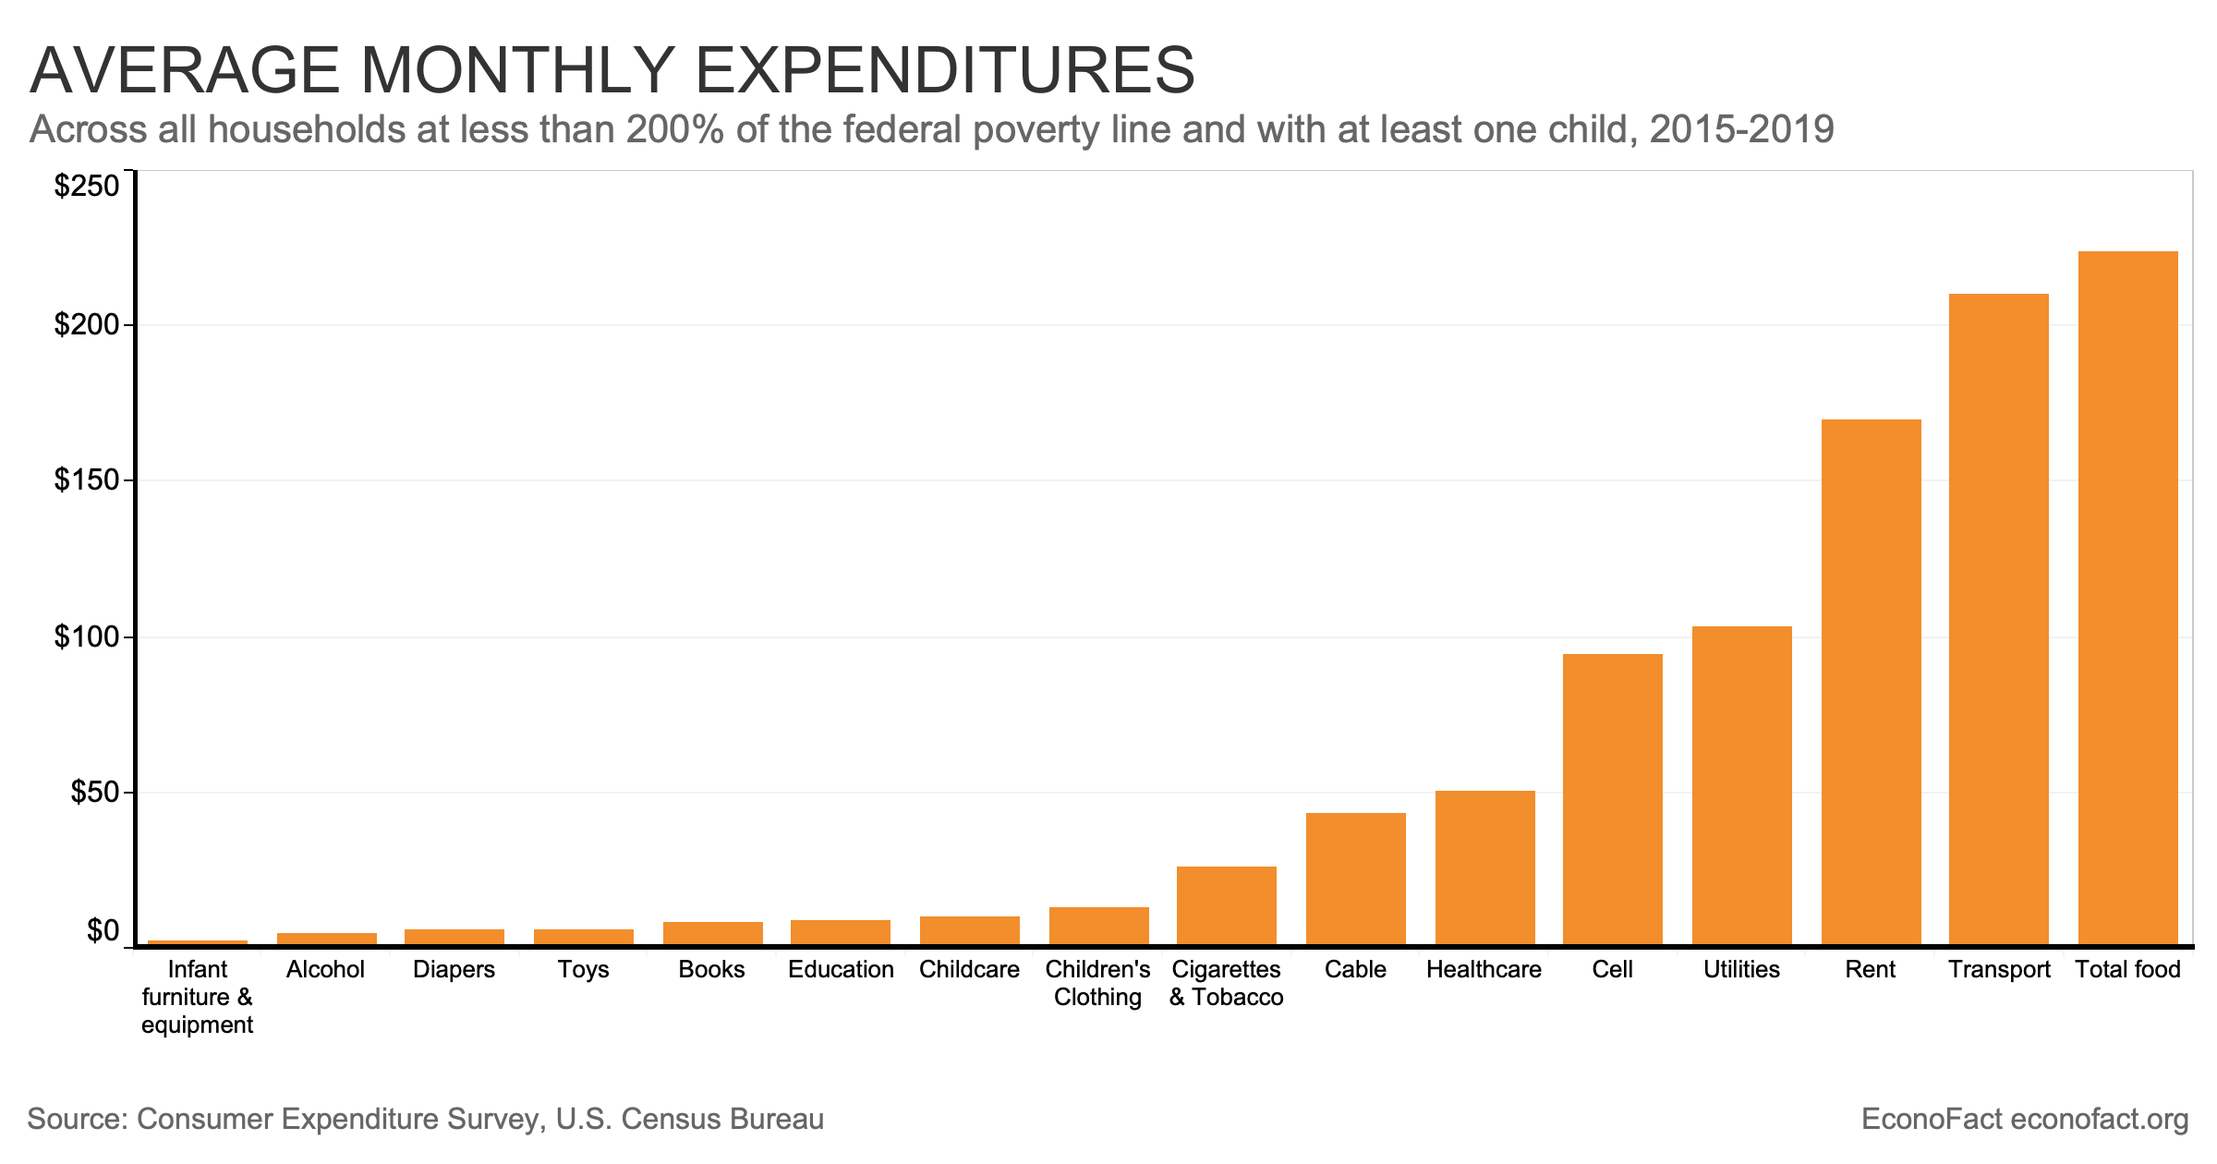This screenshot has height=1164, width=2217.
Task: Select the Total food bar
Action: (2127, 598)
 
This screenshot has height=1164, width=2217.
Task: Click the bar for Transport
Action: (1998, 619)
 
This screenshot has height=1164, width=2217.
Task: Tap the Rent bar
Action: (1871, 682)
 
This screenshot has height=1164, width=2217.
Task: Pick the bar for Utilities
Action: (1741, 785)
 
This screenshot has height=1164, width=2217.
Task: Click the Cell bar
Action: (1613, 799)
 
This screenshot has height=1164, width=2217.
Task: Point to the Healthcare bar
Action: (1484, 867)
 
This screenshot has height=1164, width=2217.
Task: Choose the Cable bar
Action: (1355, 879)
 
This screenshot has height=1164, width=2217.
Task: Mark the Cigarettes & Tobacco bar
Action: (1227, 905)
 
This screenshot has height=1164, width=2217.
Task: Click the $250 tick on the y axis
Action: (87, 187)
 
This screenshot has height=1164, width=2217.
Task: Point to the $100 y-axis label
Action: (87, 637)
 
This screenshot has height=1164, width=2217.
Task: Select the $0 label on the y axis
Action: (103, 930)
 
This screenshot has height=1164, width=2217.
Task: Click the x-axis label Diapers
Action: (454, 969)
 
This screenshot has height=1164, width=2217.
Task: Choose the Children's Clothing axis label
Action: (1097, 983)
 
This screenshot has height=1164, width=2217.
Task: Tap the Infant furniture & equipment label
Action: (198, 997)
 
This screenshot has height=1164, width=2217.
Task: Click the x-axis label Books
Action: (711, 969)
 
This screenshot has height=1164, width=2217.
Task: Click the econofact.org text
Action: (2099, 1120)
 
